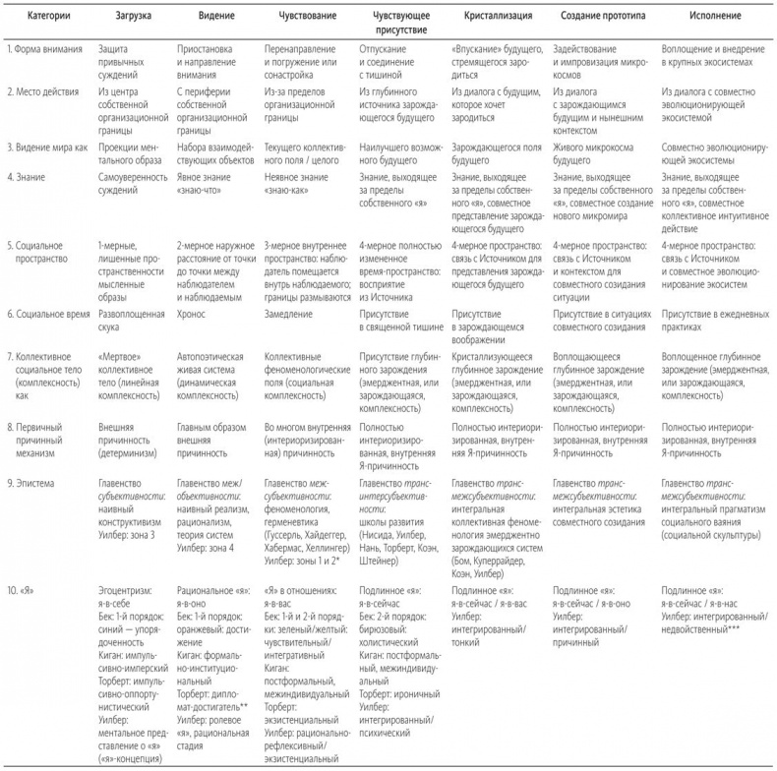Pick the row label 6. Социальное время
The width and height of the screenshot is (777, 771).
click(x=49, y=312)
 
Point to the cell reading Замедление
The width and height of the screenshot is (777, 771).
click(x=292, y=312)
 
